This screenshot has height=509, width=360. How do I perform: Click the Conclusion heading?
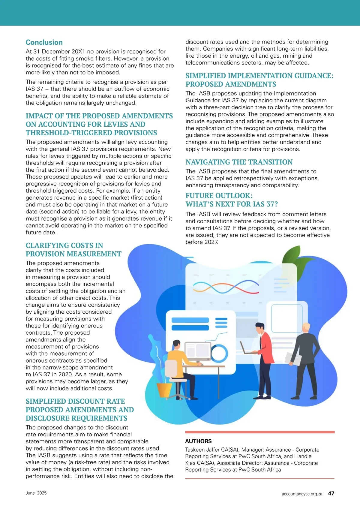[x=44, y=42]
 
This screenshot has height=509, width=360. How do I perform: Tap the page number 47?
[x=331, y=493]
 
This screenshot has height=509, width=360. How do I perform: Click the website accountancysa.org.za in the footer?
[x=302, y=494]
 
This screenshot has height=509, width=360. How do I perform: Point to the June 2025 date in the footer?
[x=36, y=493]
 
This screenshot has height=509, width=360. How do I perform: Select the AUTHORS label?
[x=198, y=441]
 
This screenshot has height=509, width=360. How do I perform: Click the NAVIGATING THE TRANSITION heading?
[x=239, y=162]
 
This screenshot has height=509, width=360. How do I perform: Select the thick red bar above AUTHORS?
[x=260, y=432]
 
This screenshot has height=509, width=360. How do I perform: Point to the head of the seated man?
[x=176, y=344]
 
